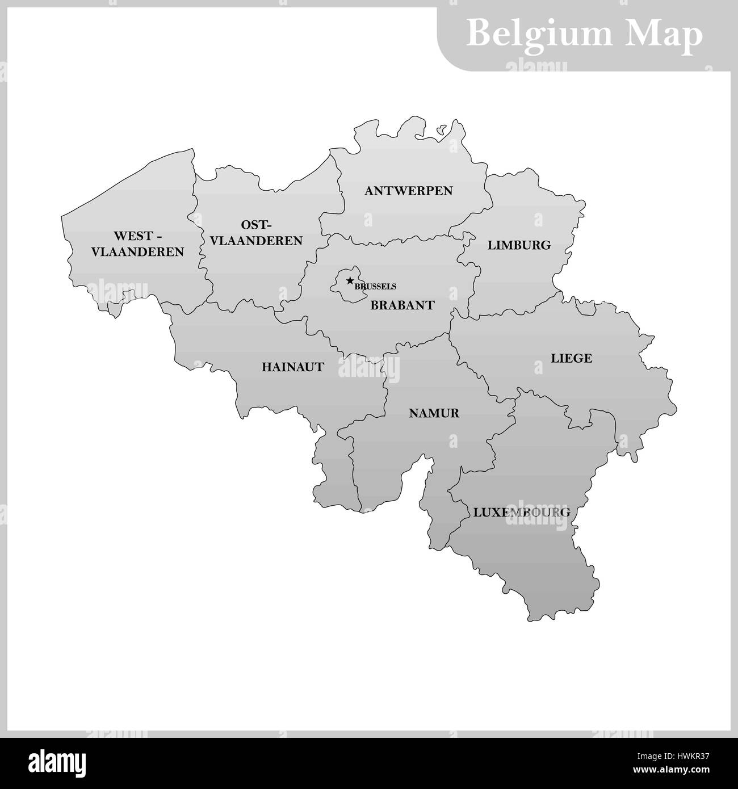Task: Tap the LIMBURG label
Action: coord(519,245)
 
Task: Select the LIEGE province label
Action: coord(571,358)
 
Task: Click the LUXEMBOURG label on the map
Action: coord(521,512)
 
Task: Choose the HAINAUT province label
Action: coord(293,367)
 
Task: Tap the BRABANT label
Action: coord(402,305)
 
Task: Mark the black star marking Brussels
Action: coord(350,280)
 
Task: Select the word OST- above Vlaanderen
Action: coord(257,224)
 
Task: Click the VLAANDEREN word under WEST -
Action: coord(138,251)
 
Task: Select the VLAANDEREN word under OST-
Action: coord(256,241)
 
